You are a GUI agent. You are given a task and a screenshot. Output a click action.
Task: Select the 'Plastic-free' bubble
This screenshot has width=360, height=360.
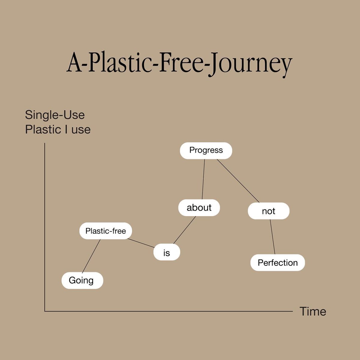point(105,231)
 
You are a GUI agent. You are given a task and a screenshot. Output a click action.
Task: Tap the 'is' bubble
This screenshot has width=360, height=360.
point(166,253)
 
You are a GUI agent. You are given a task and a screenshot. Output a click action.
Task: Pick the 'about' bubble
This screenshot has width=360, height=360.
point(199,208)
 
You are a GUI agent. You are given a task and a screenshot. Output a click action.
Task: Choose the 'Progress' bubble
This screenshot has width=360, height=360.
point(206,150)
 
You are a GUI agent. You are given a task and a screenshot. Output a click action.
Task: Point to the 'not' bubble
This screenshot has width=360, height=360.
point(268,211)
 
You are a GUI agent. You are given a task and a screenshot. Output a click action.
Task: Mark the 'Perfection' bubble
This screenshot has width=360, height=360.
point(277,263)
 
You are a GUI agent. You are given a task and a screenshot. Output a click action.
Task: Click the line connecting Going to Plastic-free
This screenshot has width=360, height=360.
point(91,256)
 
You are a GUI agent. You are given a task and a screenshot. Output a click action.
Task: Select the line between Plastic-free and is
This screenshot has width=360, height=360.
point(141,243)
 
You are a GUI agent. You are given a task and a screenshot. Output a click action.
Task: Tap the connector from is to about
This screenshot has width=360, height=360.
point(184,230)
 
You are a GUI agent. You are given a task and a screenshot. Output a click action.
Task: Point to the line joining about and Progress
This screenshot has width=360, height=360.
point(203,179)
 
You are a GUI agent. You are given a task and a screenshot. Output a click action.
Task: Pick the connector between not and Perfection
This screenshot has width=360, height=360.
point(272,237)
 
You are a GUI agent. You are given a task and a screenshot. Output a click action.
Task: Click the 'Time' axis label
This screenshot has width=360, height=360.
point(313,312)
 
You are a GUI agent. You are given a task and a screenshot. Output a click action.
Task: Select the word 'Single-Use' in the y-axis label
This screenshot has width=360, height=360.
point(55,115)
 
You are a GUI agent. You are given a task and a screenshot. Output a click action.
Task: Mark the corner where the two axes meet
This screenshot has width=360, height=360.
point(45,311)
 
